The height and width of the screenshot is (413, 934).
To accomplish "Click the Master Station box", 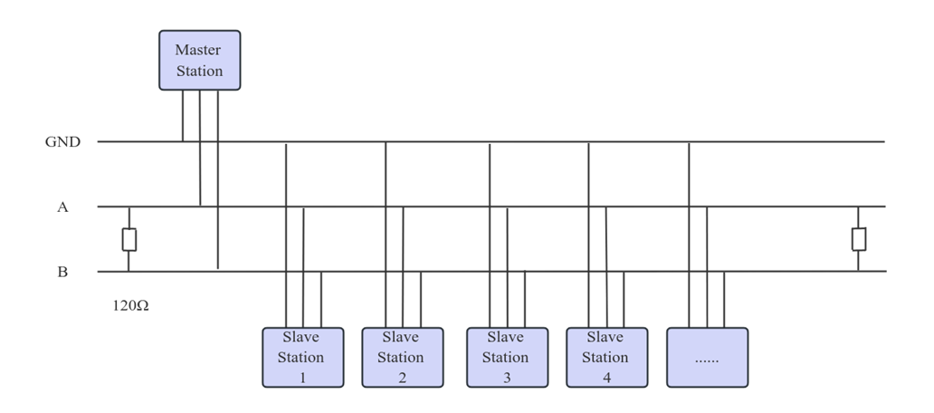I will [x=200, y=60].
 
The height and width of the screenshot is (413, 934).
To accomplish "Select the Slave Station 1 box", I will [x=302, y=357].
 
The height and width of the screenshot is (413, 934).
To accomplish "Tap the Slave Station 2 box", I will [x=402, y=357].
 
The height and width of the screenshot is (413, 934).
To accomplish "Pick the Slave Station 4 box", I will [x=606, y=357].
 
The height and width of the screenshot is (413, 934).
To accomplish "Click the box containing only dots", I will [x=707, y=357].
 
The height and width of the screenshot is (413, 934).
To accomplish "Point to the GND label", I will [x=62, y=142].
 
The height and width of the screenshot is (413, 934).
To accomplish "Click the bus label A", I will [x=62, y=207].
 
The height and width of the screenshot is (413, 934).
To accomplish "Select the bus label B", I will [x=62, y=272].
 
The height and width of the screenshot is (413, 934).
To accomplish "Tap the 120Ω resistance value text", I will [x=130, y=306].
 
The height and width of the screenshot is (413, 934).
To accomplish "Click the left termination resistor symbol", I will [x=129, y=239].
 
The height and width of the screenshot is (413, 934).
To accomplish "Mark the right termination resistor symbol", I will [x=859, y=239].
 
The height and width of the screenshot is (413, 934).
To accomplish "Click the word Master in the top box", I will [x=198, y=50].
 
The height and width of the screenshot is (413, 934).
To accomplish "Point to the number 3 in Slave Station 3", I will [x=507, y=378].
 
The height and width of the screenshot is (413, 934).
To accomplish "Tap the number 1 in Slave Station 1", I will [x=302, y=378].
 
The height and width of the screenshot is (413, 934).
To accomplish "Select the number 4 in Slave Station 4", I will [x=606, y=378].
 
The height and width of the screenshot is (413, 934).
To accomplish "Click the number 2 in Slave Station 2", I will [x=402, y=378].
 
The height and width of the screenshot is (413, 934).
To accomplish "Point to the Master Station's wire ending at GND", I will [x=183, y=116].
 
